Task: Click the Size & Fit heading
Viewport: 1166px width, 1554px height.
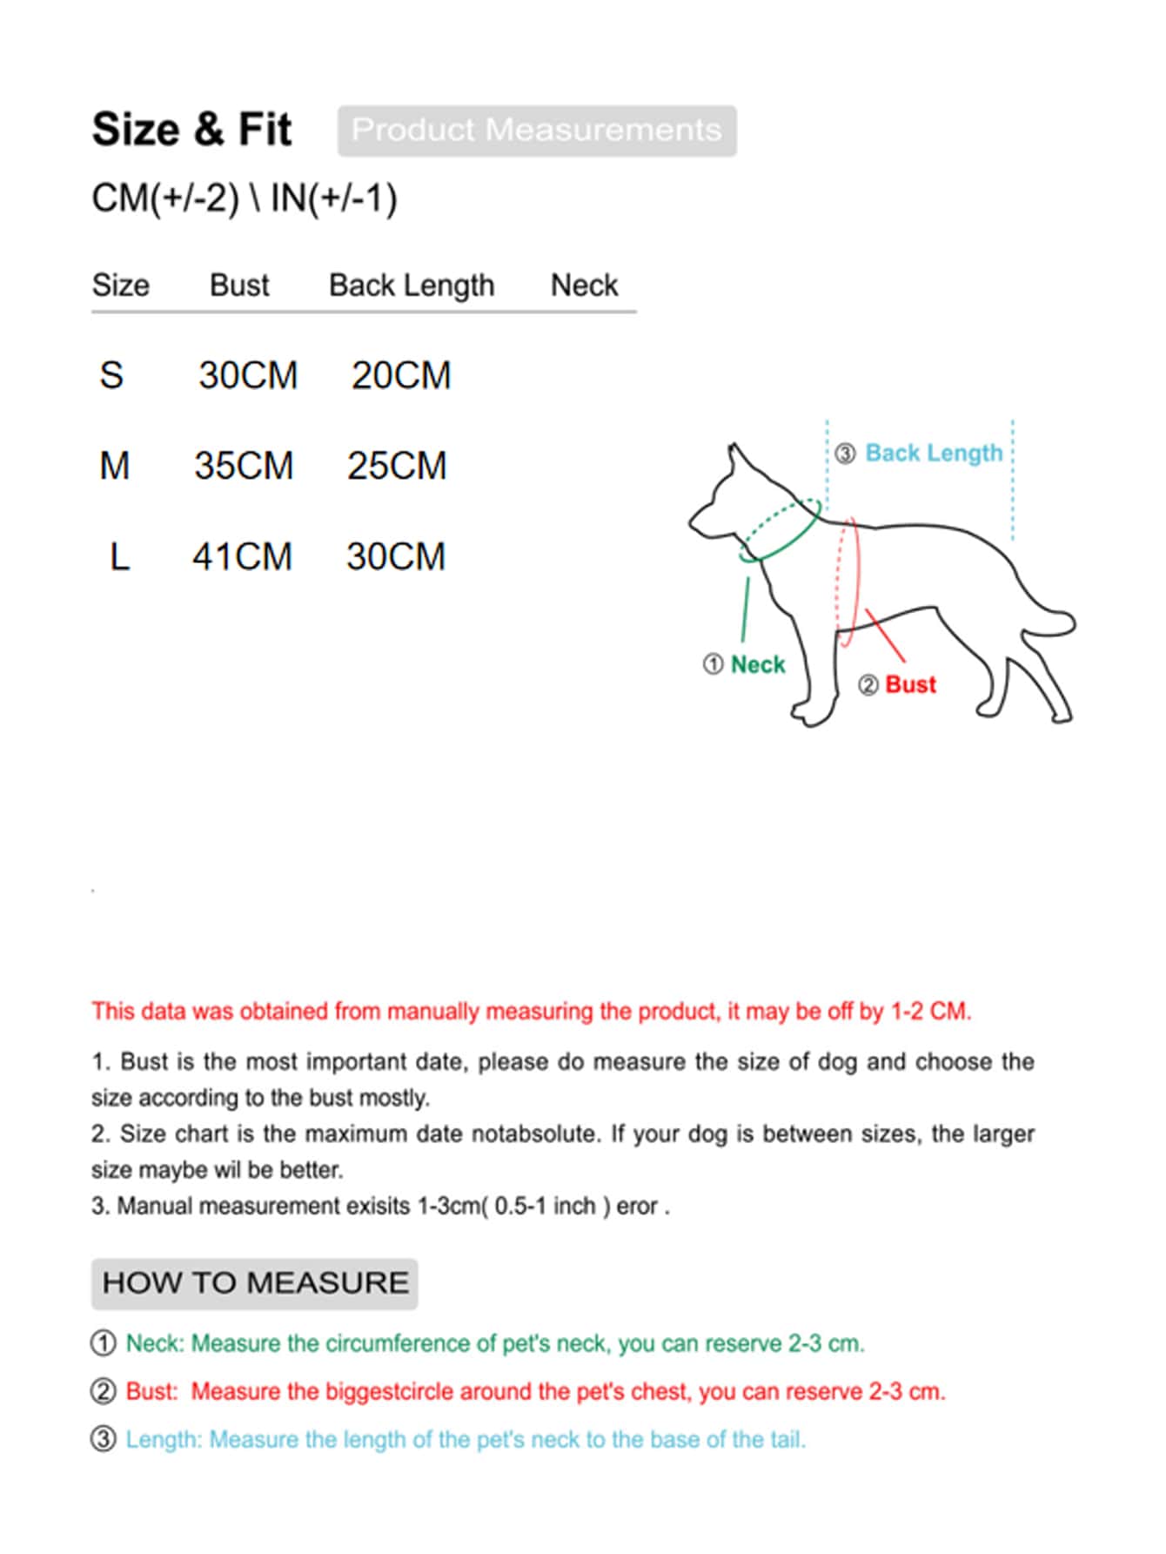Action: click(x=191, y=130)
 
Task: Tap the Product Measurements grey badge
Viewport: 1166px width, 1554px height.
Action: click(x=537, y=131)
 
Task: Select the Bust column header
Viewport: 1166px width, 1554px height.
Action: click(x=239, y=286)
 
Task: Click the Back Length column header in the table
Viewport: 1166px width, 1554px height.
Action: click(x=411, y=286)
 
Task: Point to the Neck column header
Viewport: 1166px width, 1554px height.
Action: click(x=584, y=286)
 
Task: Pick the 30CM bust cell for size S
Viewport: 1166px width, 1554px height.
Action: click(x=248, y=376)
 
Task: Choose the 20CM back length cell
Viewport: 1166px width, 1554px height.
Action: click(x=401, y=376)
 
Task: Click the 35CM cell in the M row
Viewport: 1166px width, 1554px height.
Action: click(x=244, y=466)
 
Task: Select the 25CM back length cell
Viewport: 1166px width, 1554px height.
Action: click(x=397, y=466)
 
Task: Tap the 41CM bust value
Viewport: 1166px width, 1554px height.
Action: click(x=242, y=557)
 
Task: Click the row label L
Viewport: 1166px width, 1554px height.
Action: click(x=119, y=557)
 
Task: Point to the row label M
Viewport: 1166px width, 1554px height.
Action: click(x=114, y=466)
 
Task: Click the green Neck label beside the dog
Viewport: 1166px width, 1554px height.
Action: click(x=757, y=665)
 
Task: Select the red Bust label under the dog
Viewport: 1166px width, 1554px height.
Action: click(x=910, y=685)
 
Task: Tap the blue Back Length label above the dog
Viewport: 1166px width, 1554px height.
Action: click(x=934, y=454)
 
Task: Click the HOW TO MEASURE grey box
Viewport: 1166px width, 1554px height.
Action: click(x=255, y=1283)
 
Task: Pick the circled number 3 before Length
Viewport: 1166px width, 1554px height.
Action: click(x=104, y=1439)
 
